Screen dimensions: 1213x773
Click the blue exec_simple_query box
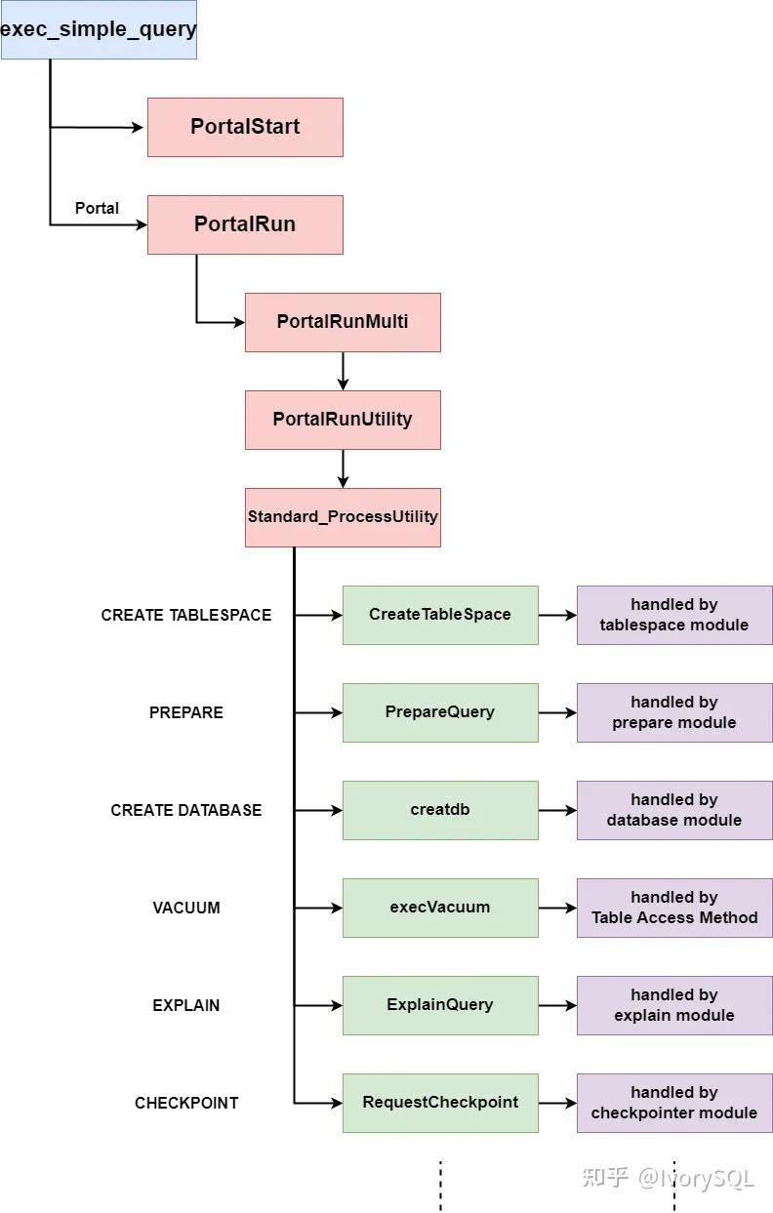[98, 29]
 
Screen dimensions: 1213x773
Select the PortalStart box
[245, 127]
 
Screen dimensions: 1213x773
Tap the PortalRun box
[245, 224]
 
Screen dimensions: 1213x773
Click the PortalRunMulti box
[343, 322]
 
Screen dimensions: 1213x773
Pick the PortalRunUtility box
[343, 420]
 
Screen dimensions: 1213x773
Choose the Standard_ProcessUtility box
[343, 517]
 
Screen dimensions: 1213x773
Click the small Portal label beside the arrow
[97, 208]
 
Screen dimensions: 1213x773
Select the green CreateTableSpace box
[440, 615]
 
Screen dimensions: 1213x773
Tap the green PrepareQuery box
[440, 712]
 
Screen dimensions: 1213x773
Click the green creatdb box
[440, 810]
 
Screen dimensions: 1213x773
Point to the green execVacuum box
[440, 908]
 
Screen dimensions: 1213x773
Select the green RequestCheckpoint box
[440, 1103]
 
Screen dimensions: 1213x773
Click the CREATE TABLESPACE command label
[186, 615]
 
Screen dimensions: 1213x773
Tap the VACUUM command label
[186, 908]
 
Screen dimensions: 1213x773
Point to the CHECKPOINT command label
[186, 1103]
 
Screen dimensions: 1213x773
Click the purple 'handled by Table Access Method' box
[674, 908]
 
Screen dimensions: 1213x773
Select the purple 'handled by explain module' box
[674, 1005]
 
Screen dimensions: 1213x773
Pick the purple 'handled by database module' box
[674, 810]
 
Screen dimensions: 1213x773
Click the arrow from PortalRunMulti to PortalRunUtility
[343, 371]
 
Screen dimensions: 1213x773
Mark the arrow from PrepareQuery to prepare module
[557, 712]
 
